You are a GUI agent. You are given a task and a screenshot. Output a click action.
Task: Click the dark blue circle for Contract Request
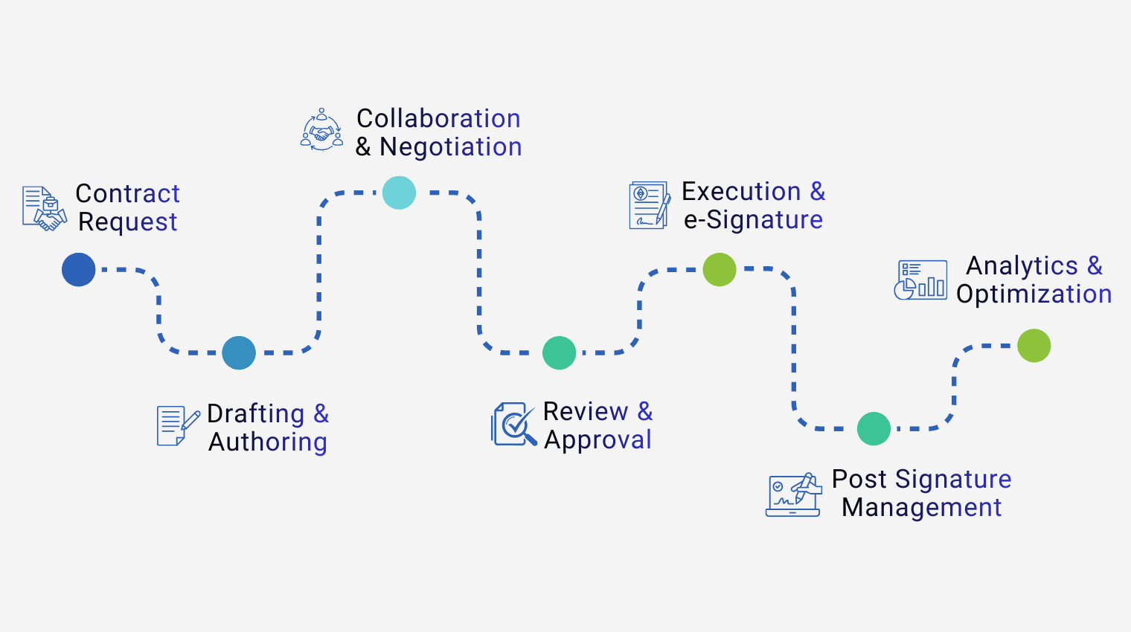click(x=79, y=269)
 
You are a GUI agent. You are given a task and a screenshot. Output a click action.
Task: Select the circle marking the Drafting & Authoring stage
click(x=239, y=353)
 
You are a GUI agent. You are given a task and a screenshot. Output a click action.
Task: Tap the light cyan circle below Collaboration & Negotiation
click(x=399, y=193)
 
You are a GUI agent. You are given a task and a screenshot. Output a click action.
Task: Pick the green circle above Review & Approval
click(x=560, y=353)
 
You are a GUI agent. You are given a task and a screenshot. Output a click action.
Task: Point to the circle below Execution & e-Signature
click(x=720, y=269)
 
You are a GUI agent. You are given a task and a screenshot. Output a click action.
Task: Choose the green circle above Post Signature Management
click(x=874, y=429)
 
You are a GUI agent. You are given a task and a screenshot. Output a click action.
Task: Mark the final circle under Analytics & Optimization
click(x=1034, y=346)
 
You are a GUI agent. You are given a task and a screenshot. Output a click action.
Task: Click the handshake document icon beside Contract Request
click(x=44, y=208)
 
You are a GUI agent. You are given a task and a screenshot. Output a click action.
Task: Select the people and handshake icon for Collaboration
click(x=321, y=130)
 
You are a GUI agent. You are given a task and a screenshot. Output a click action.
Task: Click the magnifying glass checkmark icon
click(x=513, y=425)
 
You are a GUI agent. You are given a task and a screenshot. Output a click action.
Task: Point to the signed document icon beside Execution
click(x=650, y=205)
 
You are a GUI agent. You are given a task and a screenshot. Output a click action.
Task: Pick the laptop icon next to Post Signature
click(x=794, y=494)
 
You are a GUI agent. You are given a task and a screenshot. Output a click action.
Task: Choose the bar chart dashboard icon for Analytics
click(x=920, y=280)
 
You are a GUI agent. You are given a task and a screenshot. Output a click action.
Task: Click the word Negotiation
click(x=451, y=147)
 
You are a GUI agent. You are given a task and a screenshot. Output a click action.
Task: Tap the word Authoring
click(x=268, y=442)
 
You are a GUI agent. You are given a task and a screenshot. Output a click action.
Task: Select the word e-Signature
click(x=753, y=220)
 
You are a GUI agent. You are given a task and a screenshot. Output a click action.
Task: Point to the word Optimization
click(x=1034, y=294)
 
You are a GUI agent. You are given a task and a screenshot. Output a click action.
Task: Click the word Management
click(x=921, y=508)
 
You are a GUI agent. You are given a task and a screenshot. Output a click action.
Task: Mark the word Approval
click(x=597, y=440)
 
